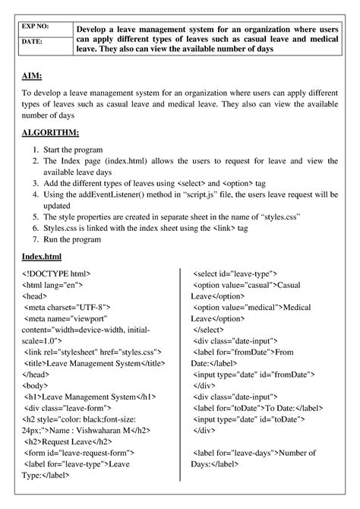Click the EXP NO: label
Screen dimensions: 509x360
[x=37, y=26]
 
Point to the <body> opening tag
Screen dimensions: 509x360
[x=37, y=385]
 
